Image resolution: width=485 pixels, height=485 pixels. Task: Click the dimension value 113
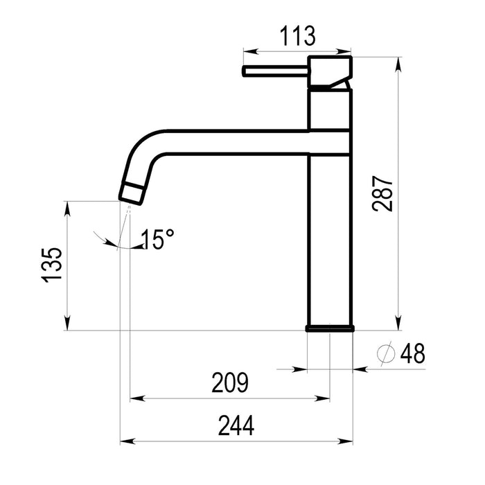click(x=297, y=36)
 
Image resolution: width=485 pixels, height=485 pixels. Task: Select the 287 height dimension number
click(x=382, y=193)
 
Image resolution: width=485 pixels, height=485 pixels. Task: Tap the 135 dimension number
click(x=51, y=265)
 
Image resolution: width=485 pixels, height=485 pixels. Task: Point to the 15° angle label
click(x=157, y=239)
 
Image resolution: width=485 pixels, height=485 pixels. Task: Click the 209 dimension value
click(x=230, y=382)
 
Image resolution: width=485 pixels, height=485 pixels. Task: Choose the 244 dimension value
click(x=236, y=426)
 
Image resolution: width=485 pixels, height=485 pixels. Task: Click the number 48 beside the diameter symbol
click(x=413, y=353)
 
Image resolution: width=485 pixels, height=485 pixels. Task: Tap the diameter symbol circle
click(x=386, y=353)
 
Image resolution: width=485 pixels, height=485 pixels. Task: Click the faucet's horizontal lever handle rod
click(x=275, y=71)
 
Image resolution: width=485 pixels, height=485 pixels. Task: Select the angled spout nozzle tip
click(x=132, y=193)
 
